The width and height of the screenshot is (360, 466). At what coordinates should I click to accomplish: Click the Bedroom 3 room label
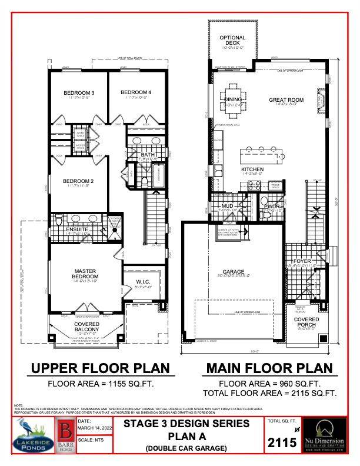tap(79, 93)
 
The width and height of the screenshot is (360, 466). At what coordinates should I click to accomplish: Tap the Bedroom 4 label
tap(136, 92)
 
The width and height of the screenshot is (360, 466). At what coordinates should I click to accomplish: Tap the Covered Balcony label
tap(86, 327)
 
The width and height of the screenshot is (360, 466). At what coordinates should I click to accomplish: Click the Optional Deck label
tap(232, 41)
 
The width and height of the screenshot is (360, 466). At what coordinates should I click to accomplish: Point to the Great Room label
tap(286, 100)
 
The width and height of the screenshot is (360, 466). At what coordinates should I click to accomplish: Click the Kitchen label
tap(252, 169)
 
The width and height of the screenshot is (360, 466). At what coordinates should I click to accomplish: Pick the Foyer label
tap(302, 261)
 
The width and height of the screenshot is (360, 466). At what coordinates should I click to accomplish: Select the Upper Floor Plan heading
tap(100, 369)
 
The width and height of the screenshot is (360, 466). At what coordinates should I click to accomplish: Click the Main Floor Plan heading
tap(268, 369)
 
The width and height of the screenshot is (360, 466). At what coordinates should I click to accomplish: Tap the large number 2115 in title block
tap(282, 443)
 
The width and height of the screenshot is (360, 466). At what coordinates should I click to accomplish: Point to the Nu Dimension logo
tap(332, 436)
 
